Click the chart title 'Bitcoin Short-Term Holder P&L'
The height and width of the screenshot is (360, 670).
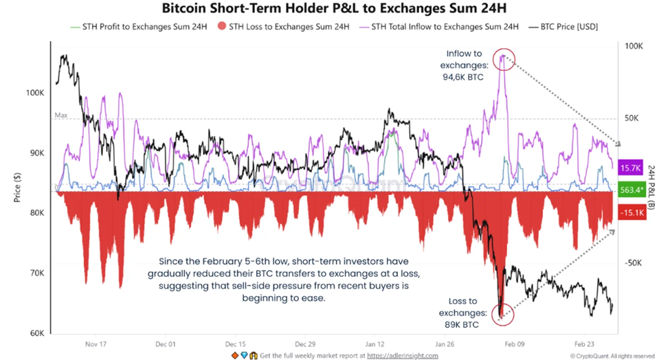tap(335, 9)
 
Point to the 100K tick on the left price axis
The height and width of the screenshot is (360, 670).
tap(36, 93)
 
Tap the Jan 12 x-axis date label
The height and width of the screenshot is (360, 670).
tap(374, 344)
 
